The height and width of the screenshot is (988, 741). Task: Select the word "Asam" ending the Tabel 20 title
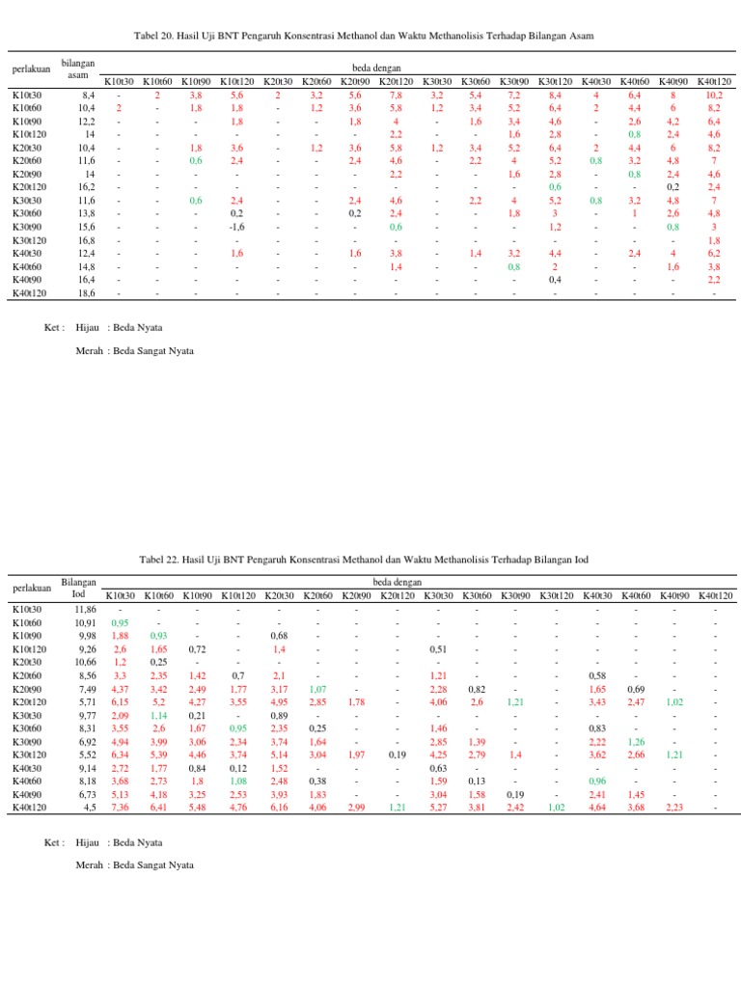(580, 35)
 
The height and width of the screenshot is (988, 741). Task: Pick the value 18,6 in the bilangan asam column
(87, 292)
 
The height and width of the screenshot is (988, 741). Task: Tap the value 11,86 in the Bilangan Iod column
(85, 610)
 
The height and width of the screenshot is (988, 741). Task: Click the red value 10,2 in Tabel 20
(714, 96)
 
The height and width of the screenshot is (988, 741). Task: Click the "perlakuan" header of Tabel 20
(31, 69)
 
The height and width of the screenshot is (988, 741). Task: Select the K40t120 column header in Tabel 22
(715, 596)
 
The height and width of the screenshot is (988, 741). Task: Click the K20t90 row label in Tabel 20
(28, 175)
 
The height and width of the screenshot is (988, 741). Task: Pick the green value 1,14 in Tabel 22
(159, 715)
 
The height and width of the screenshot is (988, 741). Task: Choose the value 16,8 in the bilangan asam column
(87, 240)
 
